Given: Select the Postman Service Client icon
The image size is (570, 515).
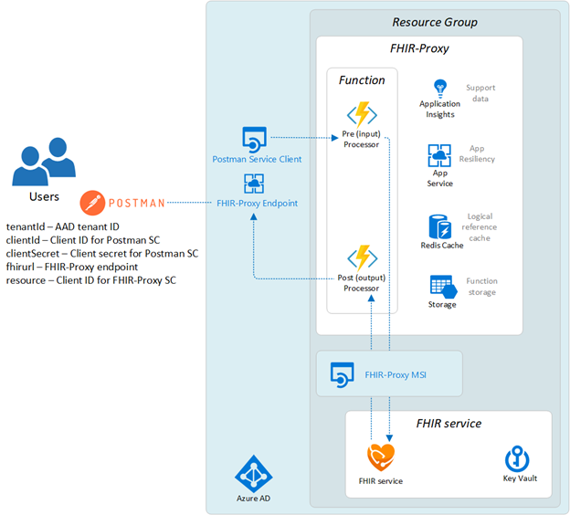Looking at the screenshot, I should coord(253,140).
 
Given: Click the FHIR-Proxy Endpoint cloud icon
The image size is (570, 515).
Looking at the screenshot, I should coord(254,184).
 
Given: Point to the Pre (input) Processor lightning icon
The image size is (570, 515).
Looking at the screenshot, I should coord(362,115).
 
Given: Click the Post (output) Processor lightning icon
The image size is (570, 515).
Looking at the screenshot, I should coord(363,257).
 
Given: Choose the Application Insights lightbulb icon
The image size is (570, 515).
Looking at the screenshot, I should coord(439,88).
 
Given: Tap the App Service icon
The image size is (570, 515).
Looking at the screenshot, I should coord(439,156).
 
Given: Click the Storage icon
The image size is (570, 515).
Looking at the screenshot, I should coord(440,285).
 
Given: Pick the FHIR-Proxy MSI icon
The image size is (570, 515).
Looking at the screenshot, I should coord(342,374).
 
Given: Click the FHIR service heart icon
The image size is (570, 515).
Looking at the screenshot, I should coord(380,456).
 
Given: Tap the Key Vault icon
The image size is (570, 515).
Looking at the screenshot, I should coord(517,457).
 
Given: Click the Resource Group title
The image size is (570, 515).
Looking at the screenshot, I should coord(434,22).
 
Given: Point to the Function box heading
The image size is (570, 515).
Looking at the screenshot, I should coord(362,80).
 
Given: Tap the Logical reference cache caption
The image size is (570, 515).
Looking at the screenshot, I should coord(480,226).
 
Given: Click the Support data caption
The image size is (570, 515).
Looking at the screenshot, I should coord(480,93).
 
